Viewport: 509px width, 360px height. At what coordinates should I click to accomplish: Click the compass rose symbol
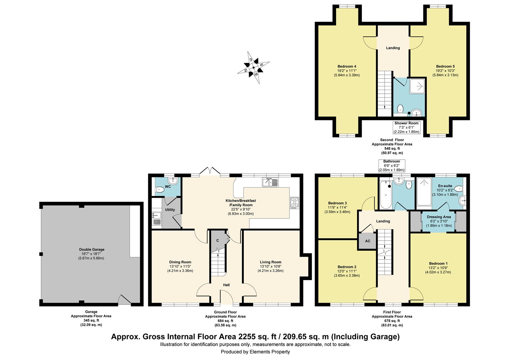254,68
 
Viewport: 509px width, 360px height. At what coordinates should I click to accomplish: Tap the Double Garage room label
92,249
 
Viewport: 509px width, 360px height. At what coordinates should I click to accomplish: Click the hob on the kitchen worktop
295,203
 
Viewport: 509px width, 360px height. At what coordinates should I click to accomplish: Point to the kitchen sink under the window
270,182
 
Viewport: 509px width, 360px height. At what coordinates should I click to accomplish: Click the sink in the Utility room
157,219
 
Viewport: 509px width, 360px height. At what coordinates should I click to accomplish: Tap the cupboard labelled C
218,241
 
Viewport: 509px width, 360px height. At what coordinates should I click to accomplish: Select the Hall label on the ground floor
226,285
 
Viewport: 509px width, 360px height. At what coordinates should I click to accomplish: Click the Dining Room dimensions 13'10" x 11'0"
180,266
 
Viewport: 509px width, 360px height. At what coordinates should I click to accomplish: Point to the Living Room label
270,262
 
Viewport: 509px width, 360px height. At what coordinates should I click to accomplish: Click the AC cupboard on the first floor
367,241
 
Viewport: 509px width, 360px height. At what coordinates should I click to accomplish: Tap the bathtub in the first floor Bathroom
386,194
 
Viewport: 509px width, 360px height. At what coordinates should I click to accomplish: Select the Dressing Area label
439,217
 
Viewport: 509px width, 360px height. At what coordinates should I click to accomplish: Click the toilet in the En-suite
459,189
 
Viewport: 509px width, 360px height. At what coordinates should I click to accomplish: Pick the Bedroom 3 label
337,203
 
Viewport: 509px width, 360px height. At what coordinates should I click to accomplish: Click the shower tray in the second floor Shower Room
417,86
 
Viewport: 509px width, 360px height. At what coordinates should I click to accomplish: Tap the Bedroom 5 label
445,66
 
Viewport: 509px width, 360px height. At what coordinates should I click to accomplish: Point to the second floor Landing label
393,48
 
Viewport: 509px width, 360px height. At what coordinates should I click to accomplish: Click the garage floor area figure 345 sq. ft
91,320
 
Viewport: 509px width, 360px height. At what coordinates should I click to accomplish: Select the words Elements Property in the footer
270,352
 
